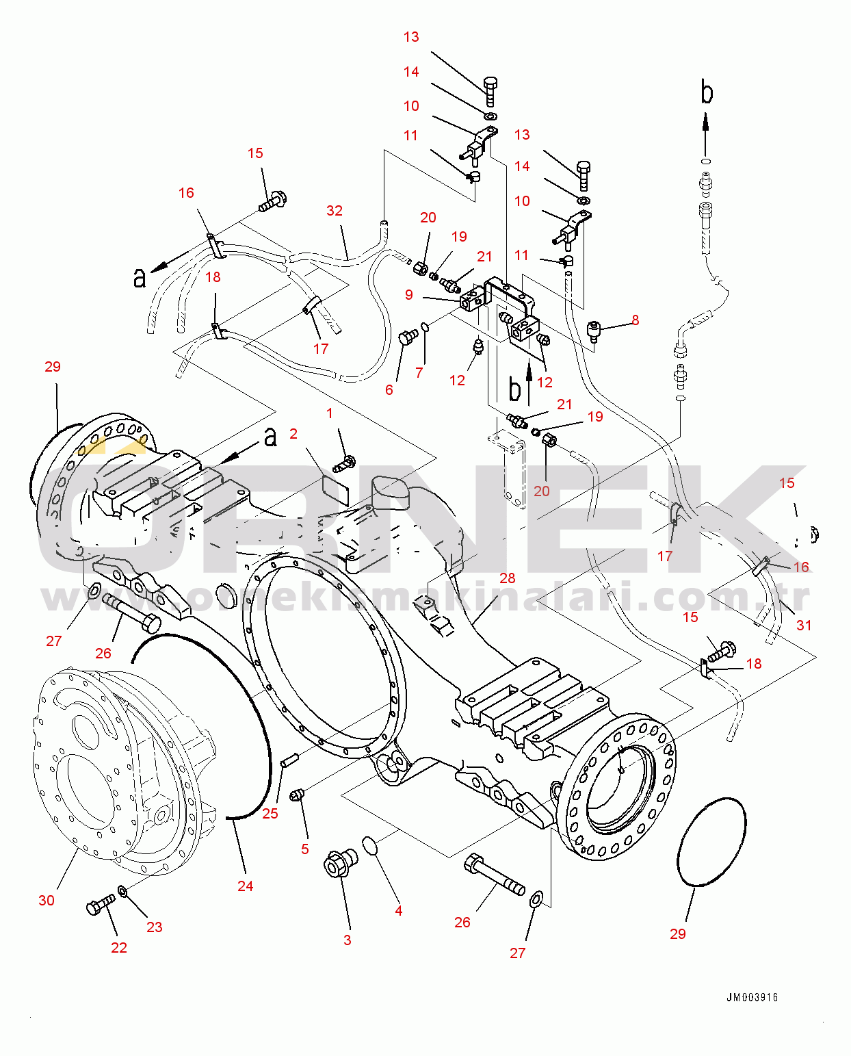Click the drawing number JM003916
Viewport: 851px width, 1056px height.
(x=752, y=997)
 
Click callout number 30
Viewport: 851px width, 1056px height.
(x=47, y=900)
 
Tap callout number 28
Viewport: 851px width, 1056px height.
(x=507, y=578)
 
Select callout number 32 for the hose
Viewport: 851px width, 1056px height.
(x=335, y=210)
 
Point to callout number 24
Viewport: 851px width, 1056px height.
(x=245, y=886)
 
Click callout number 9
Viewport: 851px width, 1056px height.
(x=408, y=294)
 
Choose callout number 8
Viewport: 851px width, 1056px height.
(x=635, y=320)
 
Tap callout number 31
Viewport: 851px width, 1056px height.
(x=804, y=625)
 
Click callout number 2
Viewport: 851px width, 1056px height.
(x=293, y=433)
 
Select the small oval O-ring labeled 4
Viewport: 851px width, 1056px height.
(x=370, y=845)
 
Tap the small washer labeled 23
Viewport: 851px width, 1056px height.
(x=122, y=890)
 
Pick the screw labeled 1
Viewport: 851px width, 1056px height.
(x=345, y=463)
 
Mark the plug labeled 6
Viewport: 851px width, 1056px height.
(x=408, y=337)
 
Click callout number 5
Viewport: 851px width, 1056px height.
(x=305, y=849)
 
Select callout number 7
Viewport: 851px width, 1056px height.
(x=419, y=372)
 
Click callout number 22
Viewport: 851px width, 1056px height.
(x=119, y=947)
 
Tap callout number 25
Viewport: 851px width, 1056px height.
(x=270, y=813)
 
